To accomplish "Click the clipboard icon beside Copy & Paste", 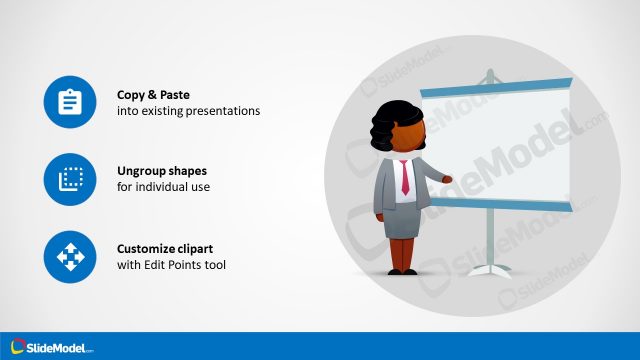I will [69, 102].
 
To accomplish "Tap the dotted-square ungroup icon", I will [69, 180].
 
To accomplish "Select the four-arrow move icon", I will [69, 257].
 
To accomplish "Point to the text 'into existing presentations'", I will [188, 111].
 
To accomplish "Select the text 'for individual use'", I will [163, 187].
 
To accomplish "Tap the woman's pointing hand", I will [447, 179].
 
